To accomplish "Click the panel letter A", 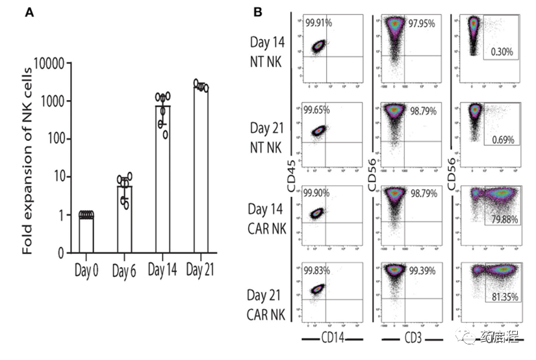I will coord(29,13).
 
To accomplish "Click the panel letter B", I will coord(258,12).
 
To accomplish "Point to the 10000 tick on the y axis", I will coord(49,64).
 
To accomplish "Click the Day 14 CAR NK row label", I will coord(268,218).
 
